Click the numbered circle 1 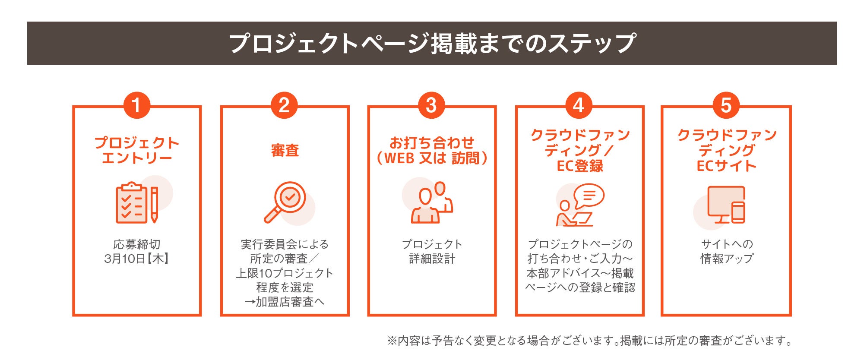(x=136, y=105)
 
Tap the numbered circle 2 (x=284, y=105)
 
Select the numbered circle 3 (x=431, y=105)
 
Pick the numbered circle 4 (x=579, y=105)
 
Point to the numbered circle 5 (x=726, y=105)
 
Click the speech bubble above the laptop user (x=589, y=196)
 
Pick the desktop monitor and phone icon (x=726, y=205)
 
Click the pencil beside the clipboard (x=154, y=205)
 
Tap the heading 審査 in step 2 (x=285, y=151)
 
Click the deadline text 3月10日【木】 (x=136, y=259)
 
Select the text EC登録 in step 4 (x=579, y=166)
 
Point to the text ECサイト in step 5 (x=726, y=166)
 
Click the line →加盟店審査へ (x=285, y=302)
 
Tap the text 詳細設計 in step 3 (x=432, y=259)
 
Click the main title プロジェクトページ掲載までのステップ (x=432, y=44)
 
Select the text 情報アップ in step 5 (x=727, y=259)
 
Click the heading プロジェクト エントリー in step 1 (x=136, y=150)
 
